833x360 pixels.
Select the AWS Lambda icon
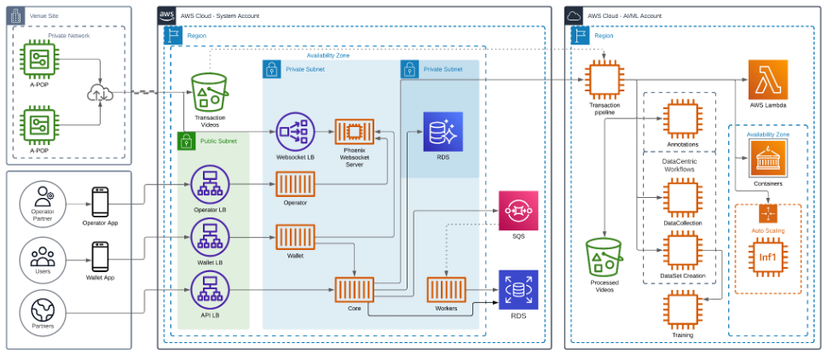[x=767, y=80]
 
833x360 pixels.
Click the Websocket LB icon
[x=295, y=132]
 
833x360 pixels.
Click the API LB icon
[x=209, y=293]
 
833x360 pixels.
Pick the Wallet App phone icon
[x=100, y=254]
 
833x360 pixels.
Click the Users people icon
[x=41, y=254]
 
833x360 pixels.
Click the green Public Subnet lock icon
[x=187, y=141]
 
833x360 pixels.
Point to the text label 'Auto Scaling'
[x=767, y=230]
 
